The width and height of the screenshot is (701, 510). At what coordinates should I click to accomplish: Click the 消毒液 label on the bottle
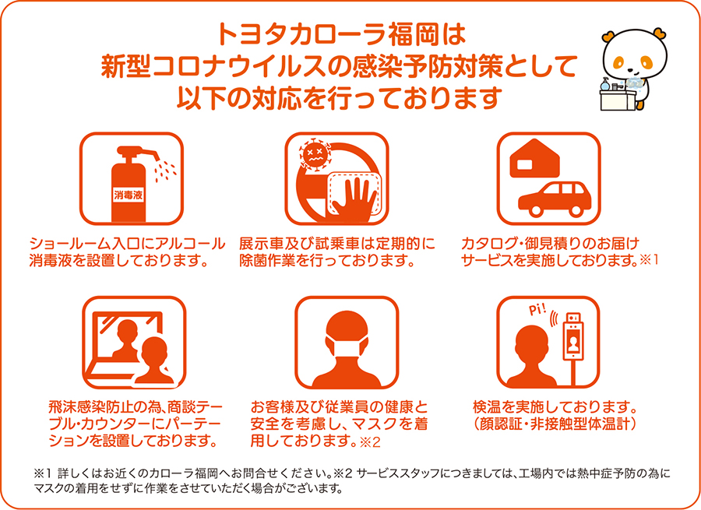(x=129, y=195)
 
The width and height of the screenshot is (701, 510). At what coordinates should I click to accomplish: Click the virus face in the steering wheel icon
(x=315, y=154)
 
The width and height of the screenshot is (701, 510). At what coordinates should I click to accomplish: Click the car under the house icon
(x=555, y=199)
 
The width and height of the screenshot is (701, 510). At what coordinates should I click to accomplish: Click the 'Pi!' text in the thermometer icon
(x=537, y=308)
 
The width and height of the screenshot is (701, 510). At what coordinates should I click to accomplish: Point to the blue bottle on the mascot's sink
(x=606, y=84)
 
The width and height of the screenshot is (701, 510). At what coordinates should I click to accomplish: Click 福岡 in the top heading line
(x=413, y=35)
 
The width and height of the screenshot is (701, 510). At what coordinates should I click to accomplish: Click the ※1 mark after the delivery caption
(x=649, y=260)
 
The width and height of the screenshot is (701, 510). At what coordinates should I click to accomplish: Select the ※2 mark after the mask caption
(x=370, y=442)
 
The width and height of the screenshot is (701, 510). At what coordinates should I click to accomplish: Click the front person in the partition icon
(x=153, y=361)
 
